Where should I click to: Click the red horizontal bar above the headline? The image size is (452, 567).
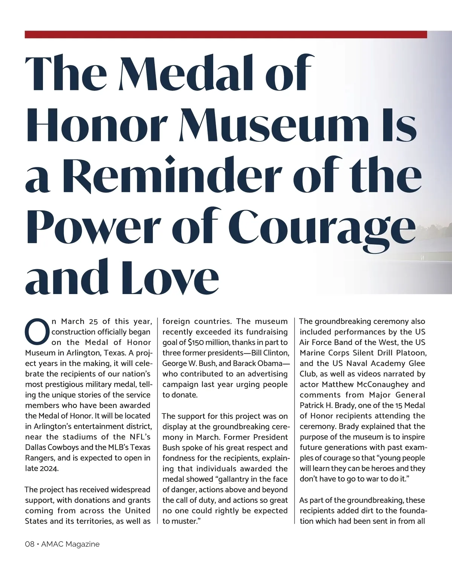click(x=226, y=35)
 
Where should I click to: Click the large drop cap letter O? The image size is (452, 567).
click(x=37, y=332)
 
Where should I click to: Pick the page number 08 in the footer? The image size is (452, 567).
click(x=29, y=544)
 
